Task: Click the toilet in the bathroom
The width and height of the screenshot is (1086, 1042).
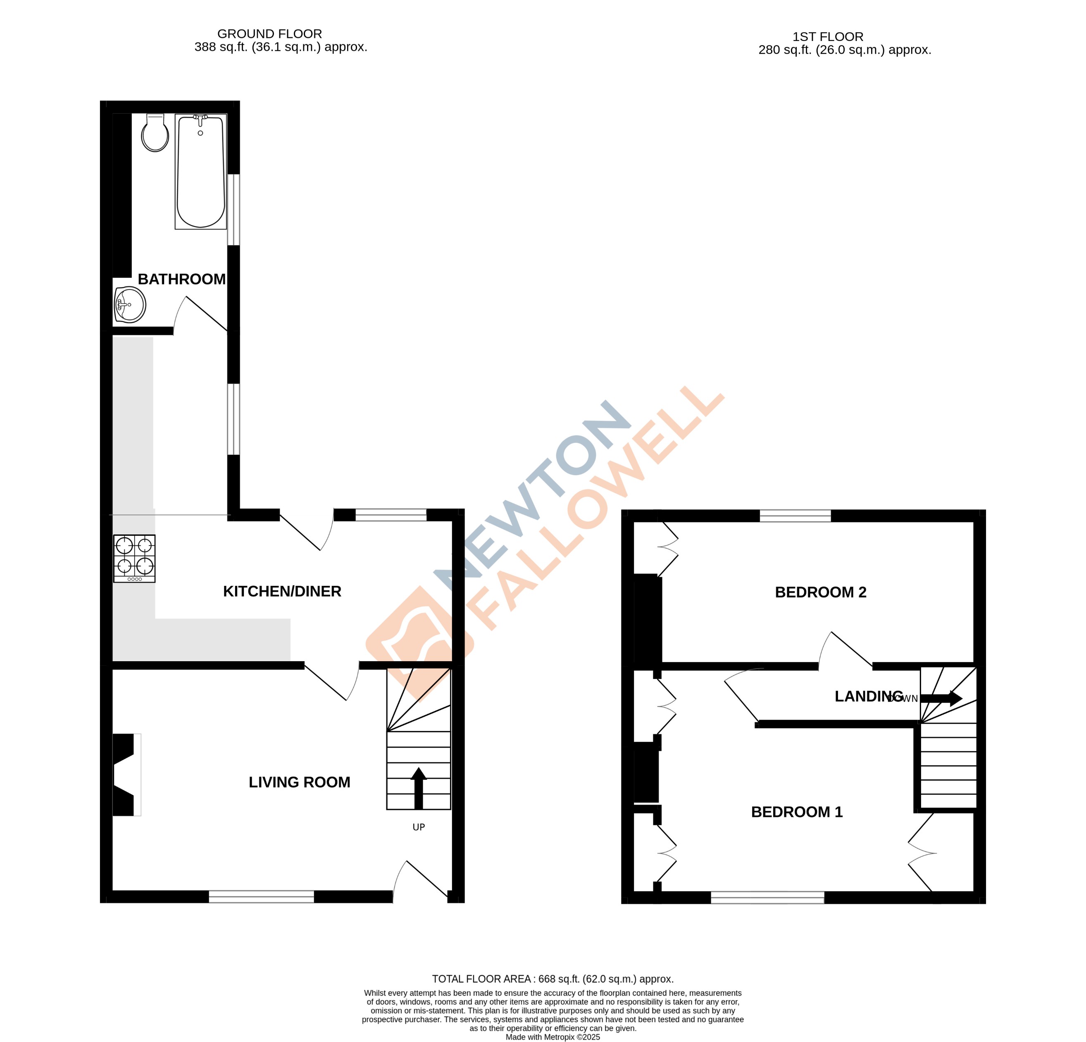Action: [155, 134]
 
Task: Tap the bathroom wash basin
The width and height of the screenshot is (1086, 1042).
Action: [130, 304]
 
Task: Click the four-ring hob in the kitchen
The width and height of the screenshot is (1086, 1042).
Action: [134, 558]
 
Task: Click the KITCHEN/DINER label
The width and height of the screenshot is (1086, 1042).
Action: [281, 591]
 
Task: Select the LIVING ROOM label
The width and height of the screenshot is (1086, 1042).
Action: [299, 782]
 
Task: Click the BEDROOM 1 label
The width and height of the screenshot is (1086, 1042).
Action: [796, 812]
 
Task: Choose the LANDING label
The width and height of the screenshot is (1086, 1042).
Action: [868, 696]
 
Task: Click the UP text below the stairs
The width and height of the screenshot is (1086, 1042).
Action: [418, 827]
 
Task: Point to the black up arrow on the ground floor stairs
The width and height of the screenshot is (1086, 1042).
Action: [418, 787]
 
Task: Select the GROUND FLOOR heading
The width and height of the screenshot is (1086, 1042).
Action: [269, 34]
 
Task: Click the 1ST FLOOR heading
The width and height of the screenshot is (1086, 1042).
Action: [827, 37]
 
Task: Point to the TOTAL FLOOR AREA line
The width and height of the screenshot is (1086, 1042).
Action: [553, 979]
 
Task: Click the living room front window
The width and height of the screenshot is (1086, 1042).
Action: [261, 897]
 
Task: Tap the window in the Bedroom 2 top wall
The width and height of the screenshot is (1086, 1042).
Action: [795, 516]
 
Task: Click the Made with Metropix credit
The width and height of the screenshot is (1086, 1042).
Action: [553, 1037]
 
